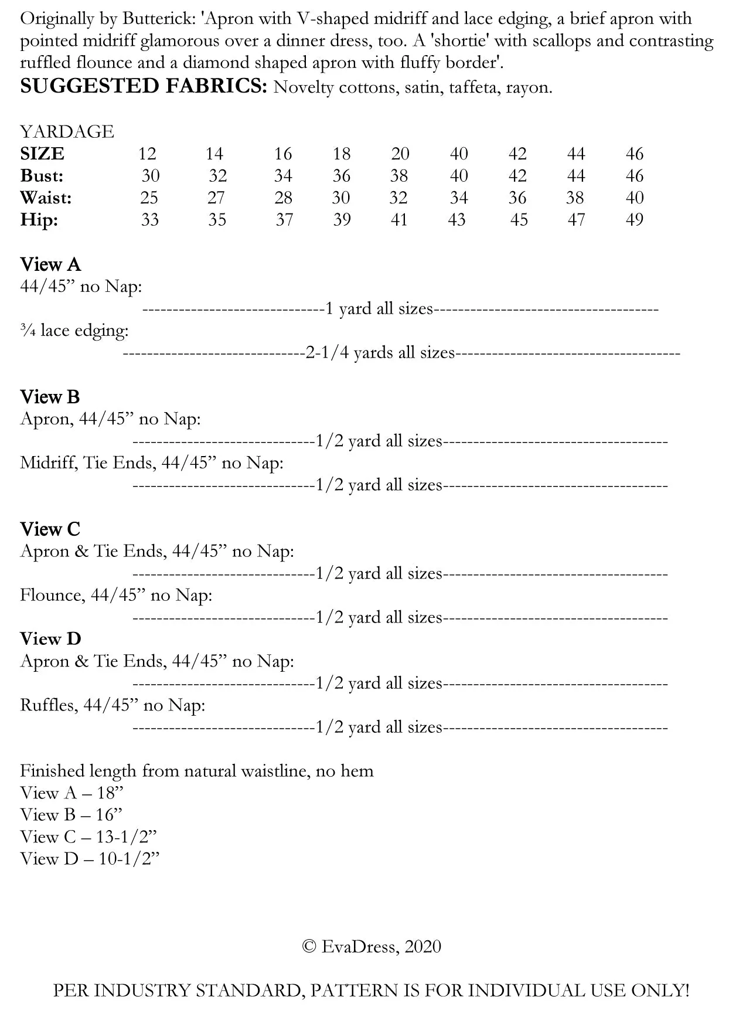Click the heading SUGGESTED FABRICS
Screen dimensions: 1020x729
144,86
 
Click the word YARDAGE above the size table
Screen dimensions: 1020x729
67,131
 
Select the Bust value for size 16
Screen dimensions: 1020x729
283,176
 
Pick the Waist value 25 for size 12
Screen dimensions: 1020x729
149,198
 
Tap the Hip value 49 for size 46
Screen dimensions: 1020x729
635,220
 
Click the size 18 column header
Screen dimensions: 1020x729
342,154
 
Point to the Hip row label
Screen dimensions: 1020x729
39,220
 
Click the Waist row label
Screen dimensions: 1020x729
46,198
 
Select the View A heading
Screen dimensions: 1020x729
50,264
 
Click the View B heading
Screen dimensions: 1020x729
50,397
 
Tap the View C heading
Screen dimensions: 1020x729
50,529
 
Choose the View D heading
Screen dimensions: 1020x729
50,638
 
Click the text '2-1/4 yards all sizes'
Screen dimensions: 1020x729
380,353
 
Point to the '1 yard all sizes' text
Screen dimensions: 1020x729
379,309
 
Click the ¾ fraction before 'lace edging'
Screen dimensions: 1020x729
27,331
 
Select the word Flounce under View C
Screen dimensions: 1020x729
52,595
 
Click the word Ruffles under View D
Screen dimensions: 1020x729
49,705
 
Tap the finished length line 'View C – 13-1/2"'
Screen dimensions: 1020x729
88,837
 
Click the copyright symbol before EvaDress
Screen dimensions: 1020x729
309,947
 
